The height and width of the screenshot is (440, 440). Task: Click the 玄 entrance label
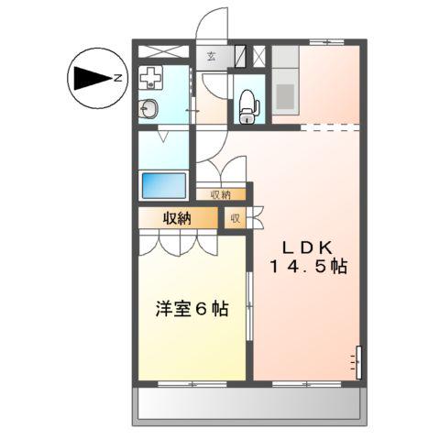[x=211, y=57]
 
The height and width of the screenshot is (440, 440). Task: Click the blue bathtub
[x=164, y=184]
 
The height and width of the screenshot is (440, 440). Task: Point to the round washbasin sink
[x=149, y=109]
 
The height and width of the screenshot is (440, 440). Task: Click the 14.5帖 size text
[x=307, y=267]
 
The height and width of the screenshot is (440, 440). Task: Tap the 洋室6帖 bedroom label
[x=191, y=309]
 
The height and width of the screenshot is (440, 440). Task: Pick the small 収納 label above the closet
[x=220, y=194]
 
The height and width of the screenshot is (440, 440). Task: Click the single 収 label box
[x=235, y=218]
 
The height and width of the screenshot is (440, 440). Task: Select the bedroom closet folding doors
[x=178, y=242]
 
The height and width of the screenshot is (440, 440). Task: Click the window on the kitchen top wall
[x=325, y=43]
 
